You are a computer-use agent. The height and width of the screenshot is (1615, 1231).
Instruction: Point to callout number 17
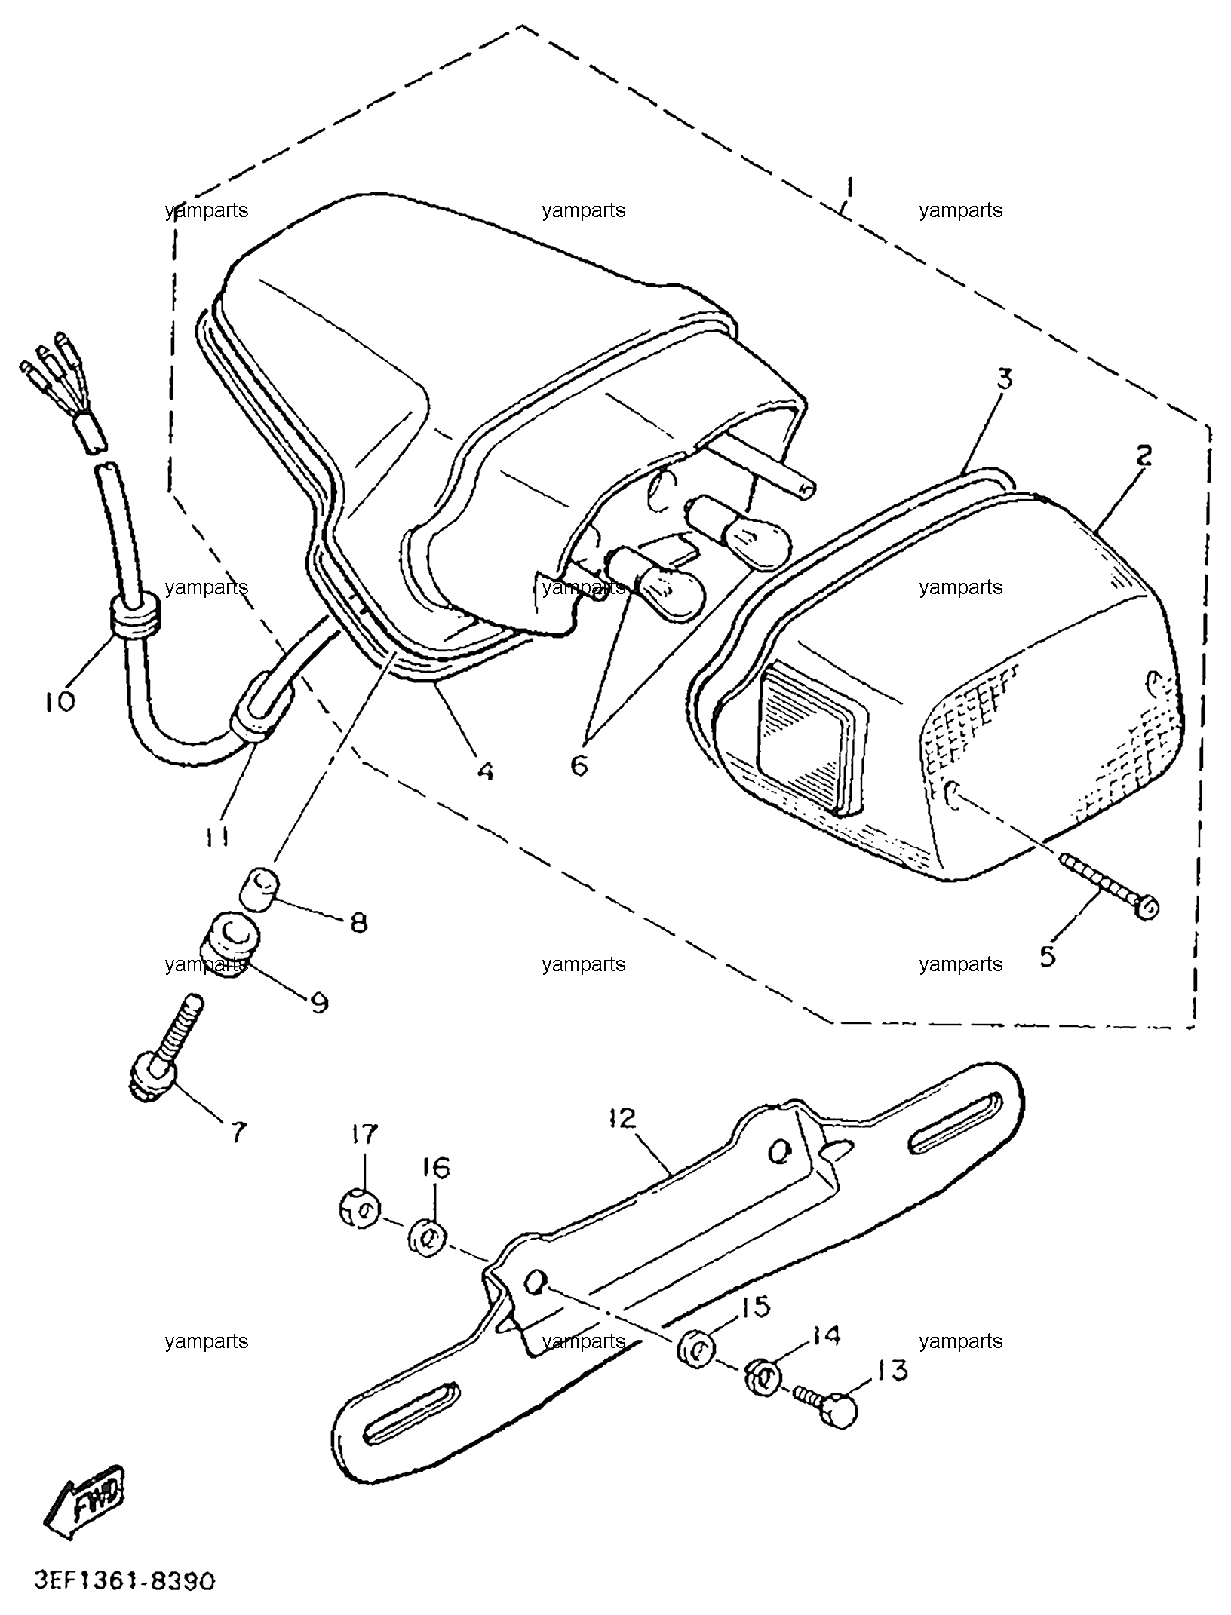point(363,1155)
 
